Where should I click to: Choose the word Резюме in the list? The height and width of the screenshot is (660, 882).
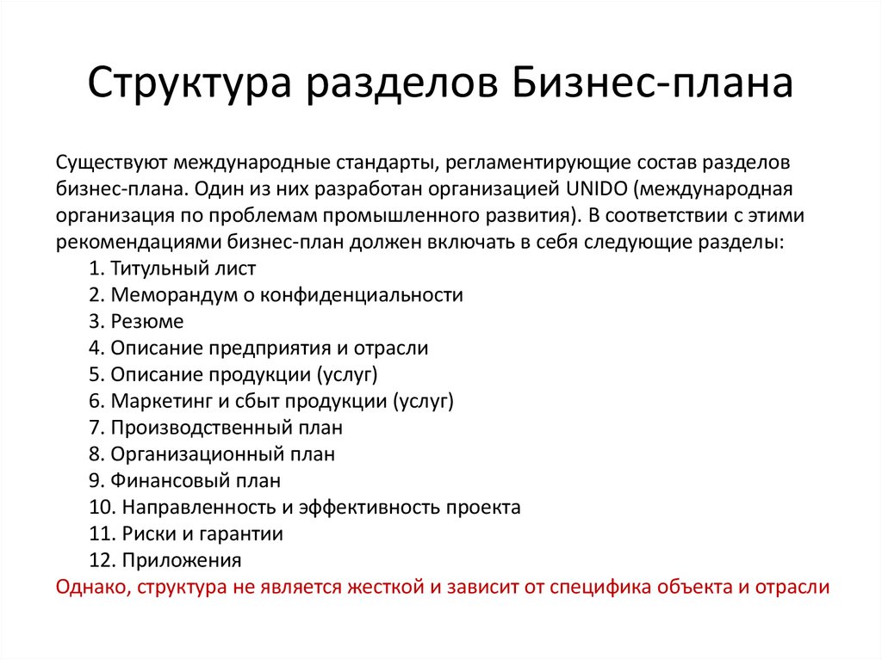147,321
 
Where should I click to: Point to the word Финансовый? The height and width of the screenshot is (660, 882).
166,480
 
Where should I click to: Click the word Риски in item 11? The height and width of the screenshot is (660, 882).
146,534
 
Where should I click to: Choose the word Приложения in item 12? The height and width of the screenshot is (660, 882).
181,560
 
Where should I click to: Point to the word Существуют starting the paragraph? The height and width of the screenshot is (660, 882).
109,162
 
